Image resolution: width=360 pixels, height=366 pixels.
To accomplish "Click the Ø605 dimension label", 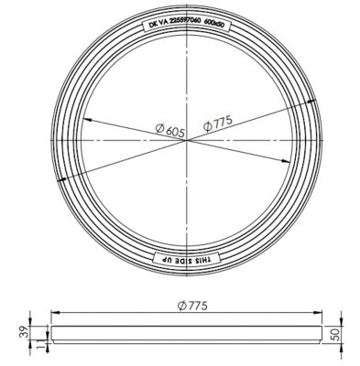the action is pyautogui.click(x=170, y=130).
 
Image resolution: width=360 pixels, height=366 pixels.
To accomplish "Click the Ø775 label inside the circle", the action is pyautogui.click(x=218, y=124).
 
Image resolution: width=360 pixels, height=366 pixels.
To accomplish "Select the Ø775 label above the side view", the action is pyautogui.click(x=192, y=306).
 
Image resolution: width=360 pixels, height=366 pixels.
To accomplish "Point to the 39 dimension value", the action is pyautogui.click(x=25, y=332).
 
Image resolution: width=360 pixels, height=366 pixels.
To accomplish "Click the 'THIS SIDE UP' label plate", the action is pyautogui.click(x=186, y=260).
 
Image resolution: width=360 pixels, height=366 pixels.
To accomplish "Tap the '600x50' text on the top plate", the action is pyautogui.click(x=214, y=24).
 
